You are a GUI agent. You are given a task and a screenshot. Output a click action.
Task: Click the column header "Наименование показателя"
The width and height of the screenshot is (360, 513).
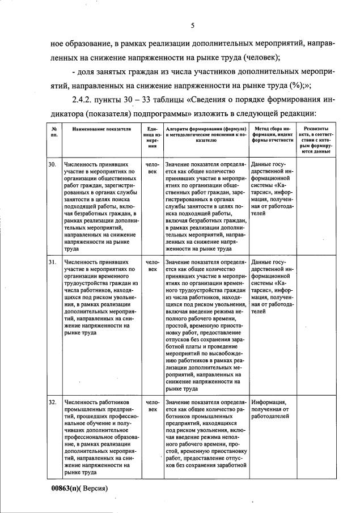pyautogui.click(x=101, y=130)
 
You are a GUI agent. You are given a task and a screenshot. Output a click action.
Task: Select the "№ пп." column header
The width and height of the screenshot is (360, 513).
pyautogui.click(x=54, y=133)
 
